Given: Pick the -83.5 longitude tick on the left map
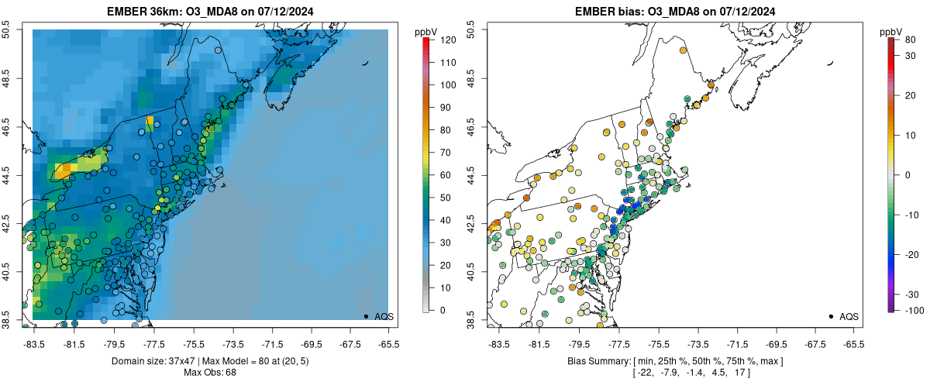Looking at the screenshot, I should [x=33, y=343].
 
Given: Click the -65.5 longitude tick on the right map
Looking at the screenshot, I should [x=853, y=343].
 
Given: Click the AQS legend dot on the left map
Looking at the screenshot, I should [x=366, y=316].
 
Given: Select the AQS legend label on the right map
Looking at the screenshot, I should [x=849, y=316].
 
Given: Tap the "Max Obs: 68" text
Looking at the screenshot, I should [x=210, y=373].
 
